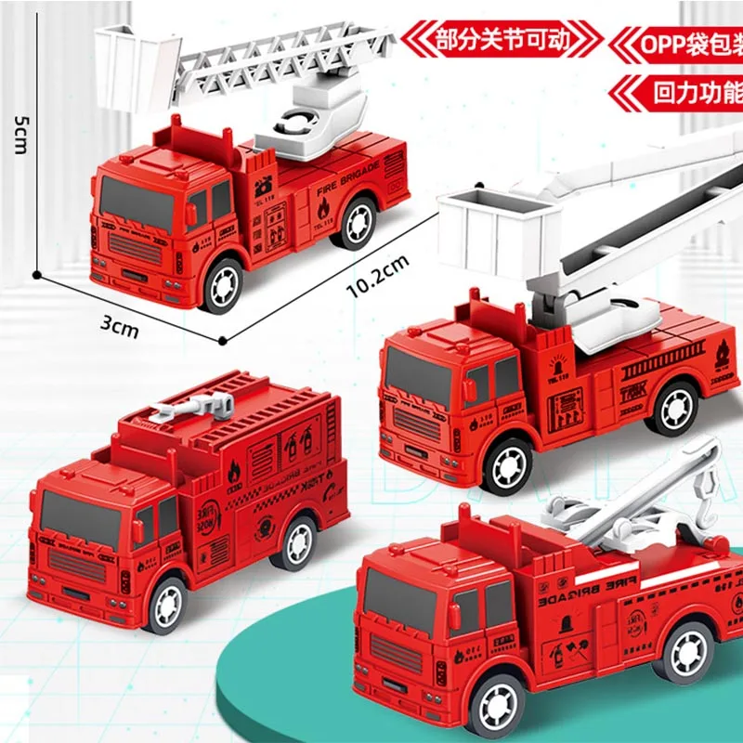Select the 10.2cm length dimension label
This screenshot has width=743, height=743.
pyautogui.click(x=379, y=276)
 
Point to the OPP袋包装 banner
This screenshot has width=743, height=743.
pyautogui.click(x=679, y=43)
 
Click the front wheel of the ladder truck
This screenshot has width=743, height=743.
pyautogui.click(x=223, y=285)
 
